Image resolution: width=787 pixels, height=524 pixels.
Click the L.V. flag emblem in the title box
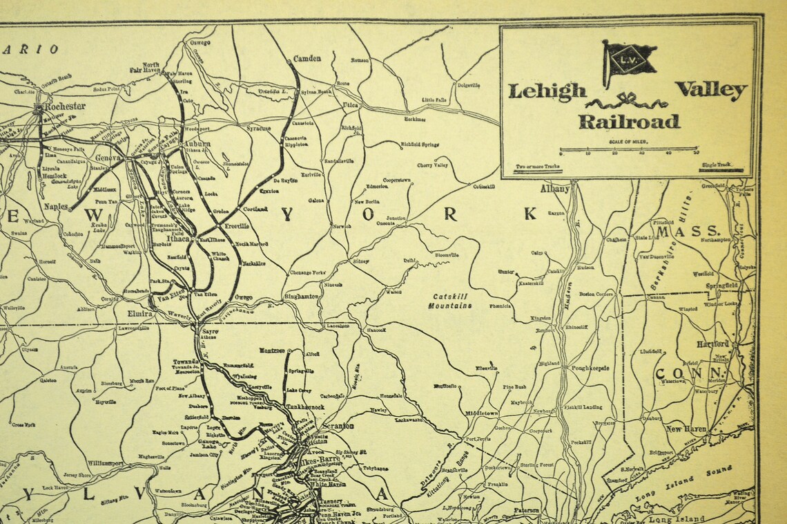[x=629, y=60]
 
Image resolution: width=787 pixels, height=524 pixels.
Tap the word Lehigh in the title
[x=547, y=91]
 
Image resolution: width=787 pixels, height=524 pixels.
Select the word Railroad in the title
[x=628, y=122]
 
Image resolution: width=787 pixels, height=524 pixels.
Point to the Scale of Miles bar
[x=628, y=149]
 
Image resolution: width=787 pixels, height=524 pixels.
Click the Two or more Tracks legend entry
[x=538, y=167]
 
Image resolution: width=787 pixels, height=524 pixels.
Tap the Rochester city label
[x=65, y=106]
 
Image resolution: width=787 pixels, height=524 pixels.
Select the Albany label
[x=555, y=189]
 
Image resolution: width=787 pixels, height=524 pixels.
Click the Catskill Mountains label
[x=452, y=300]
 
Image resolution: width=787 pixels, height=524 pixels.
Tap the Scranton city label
[x=338, y=426]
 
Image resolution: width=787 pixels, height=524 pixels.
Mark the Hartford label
[x=712, y=344]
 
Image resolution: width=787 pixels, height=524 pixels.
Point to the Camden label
[x=307, y=59]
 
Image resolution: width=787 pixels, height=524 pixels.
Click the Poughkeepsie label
[x=590, y=368]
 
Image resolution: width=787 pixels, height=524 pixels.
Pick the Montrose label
[x=273, y=350]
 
